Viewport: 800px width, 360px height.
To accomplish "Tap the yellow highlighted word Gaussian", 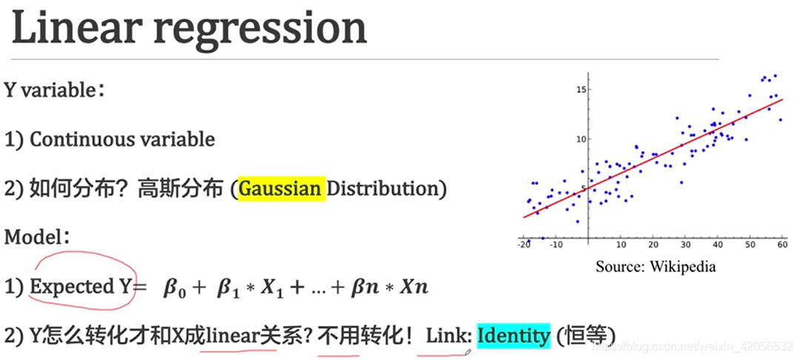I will pyautogui.click(x=281, y=189).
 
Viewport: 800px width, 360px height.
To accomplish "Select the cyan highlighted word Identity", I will pyautogui.click(x=513, y=336).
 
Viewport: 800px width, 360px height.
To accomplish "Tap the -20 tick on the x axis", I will pyautogui.click(x=524, y=244).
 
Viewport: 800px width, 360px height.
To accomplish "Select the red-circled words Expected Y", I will pyautogui.click(x=81, y=287).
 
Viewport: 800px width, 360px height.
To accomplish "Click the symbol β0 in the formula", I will pyautogui.click(x=176, y=288).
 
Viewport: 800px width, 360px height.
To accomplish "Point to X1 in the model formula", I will pyautogui.click(x=270, y=288).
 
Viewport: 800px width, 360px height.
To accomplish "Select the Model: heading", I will pyautogui.click(x=37, y=238).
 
